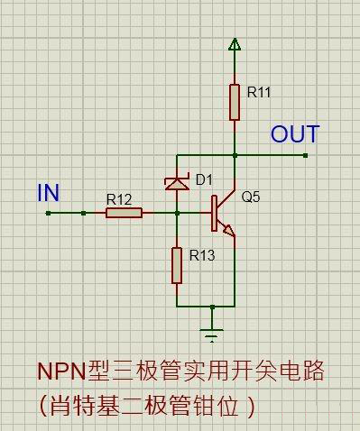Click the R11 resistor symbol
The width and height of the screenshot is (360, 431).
[235, 102]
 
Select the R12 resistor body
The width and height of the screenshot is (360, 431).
[124, 213]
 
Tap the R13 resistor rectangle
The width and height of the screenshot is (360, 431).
[177, 263]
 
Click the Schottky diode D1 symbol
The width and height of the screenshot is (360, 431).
[177, 183]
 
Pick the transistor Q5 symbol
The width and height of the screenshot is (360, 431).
[221, 213]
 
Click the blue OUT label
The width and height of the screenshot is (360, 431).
[295, 135]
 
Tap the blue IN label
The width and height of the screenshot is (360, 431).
[49, 192]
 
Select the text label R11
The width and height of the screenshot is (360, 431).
[258, 92]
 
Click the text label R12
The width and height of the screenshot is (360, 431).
[118, 198]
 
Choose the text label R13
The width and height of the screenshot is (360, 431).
[202, 256]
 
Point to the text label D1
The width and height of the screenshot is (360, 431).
[204, 179]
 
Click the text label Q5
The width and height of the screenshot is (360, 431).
[250, 197]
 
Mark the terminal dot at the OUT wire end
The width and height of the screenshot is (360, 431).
[306, 155]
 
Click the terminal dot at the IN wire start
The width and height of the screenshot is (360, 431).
[47, 213]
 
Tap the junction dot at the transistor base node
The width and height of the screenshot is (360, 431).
[177, 213]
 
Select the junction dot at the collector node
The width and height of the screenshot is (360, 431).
[235, 155]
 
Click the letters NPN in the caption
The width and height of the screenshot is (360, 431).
[60, 371]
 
